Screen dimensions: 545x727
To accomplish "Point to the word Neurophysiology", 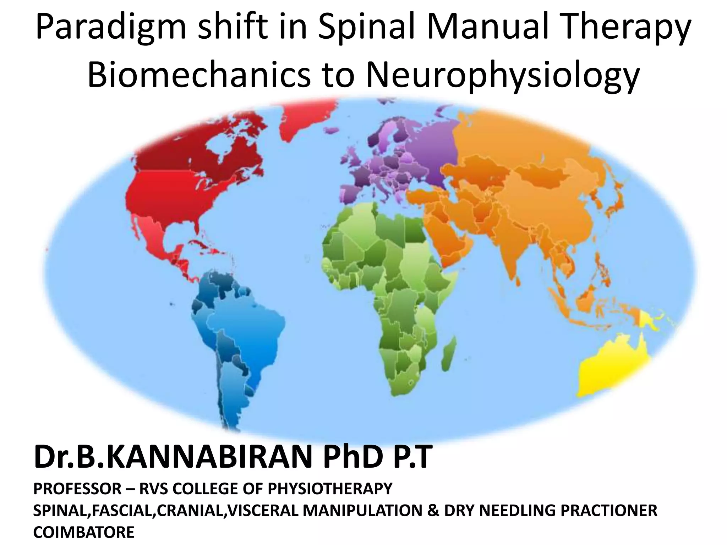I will tap(501, 76).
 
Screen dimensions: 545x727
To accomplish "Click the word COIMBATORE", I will tap(84, 532).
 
